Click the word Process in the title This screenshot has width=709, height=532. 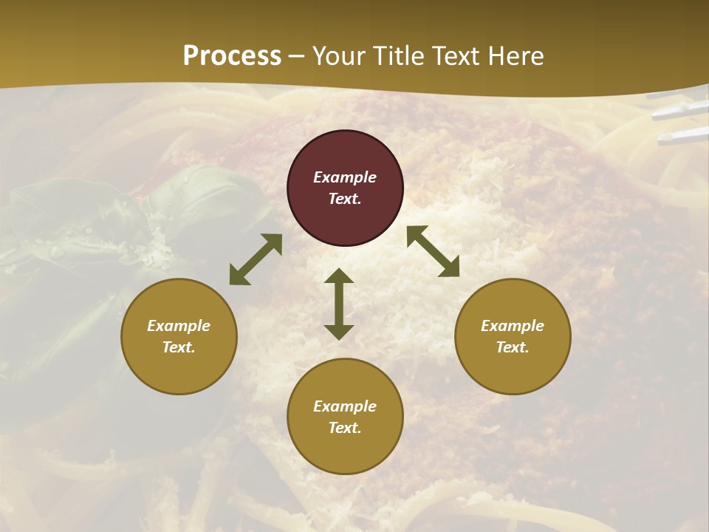232,56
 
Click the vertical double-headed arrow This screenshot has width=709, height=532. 339,304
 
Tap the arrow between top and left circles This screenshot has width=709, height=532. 256,259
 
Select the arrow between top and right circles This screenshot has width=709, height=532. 433,251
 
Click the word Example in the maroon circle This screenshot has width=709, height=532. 345,177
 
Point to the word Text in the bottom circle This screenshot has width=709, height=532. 345,428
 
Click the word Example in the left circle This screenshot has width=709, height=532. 179,326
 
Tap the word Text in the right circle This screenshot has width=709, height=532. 513,347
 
